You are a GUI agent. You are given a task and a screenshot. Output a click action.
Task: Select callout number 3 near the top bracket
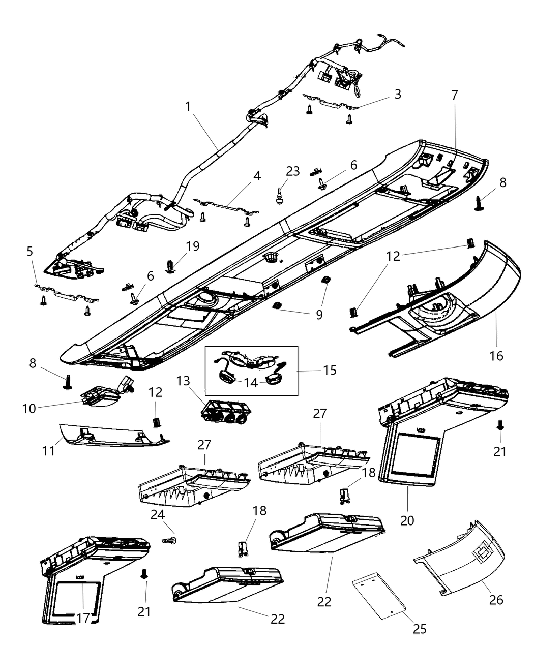pyautogui.click(x=398, y=94)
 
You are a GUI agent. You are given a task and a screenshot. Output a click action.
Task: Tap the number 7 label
pyautogui.click(x=454, y=95)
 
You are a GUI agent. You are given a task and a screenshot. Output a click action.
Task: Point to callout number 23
pyautogui.click(x=292, y=171)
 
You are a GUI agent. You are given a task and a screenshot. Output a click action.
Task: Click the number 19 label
pyautogui.click(x=192, y=246)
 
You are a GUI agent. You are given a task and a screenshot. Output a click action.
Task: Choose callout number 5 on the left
pyautogui.click(x=29, y=251)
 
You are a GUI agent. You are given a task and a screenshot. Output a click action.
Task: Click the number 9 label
pyautogui.click(x=319, y=315)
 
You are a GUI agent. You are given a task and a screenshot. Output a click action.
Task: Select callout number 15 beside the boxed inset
pyautogui.click(x=330, y=370)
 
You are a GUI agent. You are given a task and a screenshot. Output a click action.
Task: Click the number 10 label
pyautogui.click(x=29, y=408)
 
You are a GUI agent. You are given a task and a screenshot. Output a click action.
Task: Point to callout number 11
pyautogui.click(x=48, y=437)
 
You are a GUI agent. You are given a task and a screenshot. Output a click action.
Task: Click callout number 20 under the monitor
pyautogui.click(x=407, y=520)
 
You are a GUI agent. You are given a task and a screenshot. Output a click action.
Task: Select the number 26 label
pyautogui.click(x=496, y=600)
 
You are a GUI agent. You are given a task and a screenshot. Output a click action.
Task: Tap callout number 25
pyautogui.click(x=420, y=629)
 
